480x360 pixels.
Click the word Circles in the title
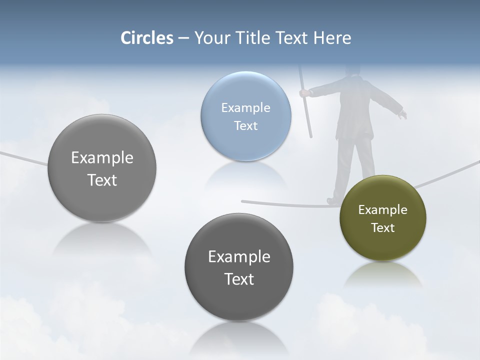(x=147, y=38)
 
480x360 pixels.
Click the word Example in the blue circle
(x=245, y=107)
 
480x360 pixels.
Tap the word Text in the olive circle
(x=383, y=228)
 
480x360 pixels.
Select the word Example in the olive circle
(x=382, y=210)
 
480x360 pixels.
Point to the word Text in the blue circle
(x=245, y=125)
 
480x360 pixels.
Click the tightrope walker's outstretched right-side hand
(x=402, y=115)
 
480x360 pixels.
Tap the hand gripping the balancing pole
(x=303, y=92)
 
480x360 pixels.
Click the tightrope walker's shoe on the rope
(x=333, y=200)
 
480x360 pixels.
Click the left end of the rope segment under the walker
(x=243, y=201)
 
